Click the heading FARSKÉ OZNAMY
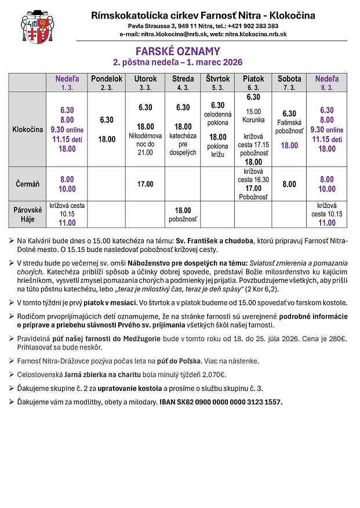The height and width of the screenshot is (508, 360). [178, 52]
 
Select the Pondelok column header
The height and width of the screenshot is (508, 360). [107, 79]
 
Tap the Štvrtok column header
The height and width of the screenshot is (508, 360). [218, 79]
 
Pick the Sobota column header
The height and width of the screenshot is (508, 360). [289, 79]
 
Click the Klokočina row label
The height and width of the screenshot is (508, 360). [28, 130]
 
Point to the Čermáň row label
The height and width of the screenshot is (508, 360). [28, 184]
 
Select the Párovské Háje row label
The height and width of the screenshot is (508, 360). [28, 214]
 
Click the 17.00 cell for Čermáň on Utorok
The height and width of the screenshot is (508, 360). [145, 184]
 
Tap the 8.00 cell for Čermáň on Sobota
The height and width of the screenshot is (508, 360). [289, 184]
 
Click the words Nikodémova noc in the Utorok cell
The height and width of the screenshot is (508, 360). [145, 140]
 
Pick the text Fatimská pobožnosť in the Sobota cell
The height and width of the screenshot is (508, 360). [289, 127]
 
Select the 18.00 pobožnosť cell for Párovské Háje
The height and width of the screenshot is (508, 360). [183, 215]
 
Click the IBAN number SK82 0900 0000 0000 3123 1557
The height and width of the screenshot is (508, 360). [221, 402]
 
